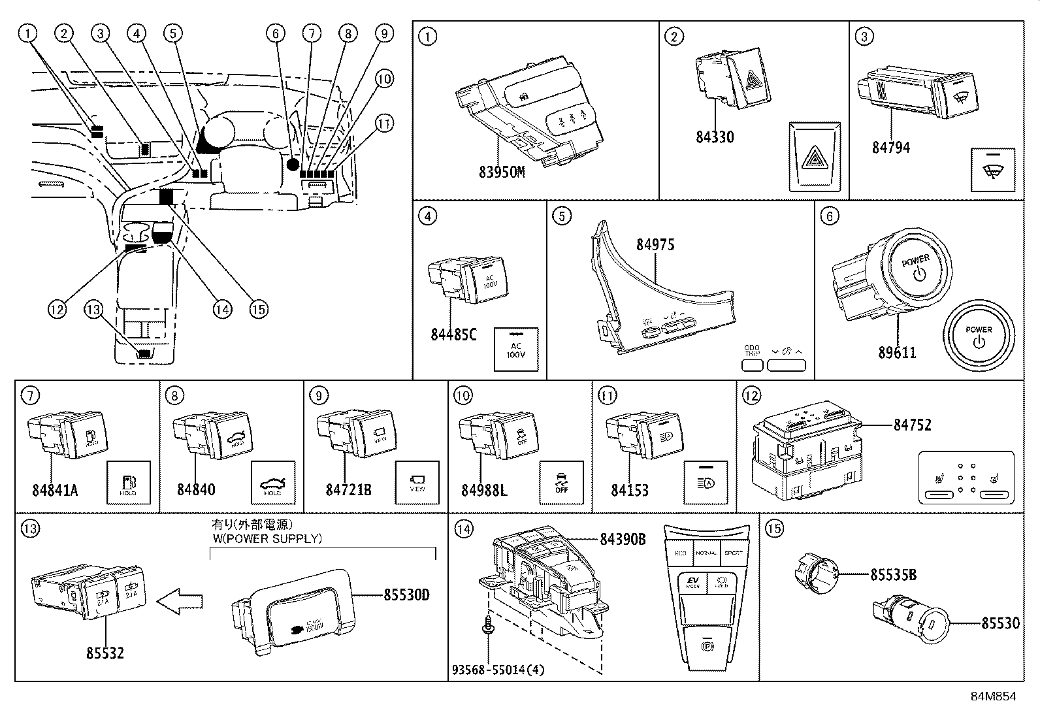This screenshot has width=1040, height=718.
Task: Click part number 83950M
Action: click(x=501, y=172)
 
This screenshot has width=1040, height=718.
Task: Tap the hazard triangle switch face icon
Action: click(x=813, y=157)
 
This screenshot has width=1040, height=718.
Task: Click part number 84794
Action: click(x=890, y=148)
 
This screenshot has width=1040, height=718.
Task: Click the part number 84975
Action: click(x=655, y=245)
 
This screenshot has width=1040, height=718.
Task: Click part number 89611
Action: click(x=897, y=353)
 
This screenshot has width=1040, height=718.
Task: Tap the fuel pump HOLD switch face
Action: click(x=128, y=483)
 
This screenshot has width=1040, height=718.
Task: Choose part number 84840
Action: click(x=196, y=490)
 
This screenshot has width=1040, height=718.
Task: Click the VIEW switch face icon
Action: click(x=417, y=482)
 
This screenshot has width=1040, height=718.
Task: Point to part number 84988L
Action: click(x=483, y=490)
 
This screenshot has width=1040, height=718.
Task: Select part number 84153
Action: click(x=630, y=490)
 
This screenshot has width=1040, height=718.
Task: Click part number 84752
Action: click(x=912, y=425)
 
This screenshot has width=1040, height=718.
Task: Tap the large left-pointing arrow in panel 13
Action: click(x=180, y=600)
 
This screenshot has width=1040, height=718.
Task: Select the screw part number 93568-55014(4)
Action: click(x=498, y=670)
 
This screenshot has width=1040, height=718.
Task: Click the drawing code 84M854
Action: click(x=993, y=696)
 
